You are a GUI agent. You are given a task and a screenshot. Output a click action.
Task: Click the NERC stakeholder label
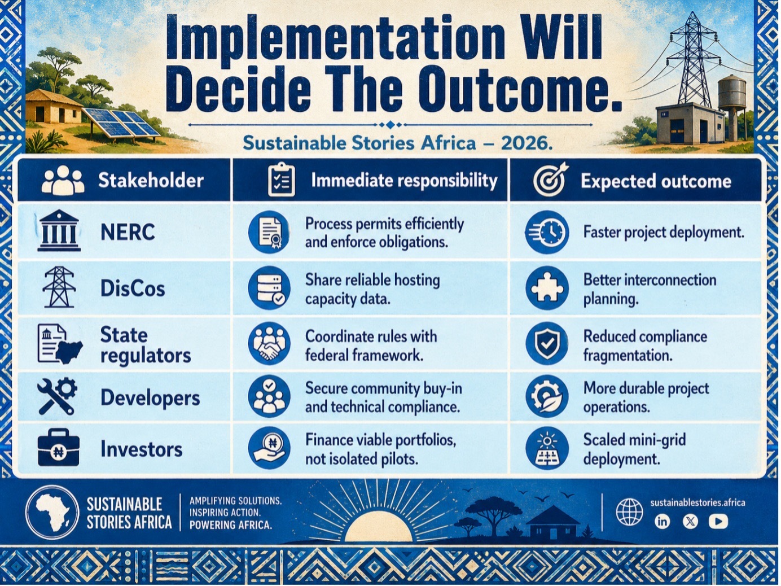128,232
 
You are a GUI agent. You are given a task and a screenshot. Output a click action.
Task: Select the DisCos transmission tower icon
59,287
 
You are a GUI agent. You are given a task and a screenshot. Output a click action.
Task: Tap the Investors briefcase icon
58,448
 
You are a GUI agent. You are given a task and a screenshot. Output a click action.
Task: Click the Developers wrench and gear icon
58,396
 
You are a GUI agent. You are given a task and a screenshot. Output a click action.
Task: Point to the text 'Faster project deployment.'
664,233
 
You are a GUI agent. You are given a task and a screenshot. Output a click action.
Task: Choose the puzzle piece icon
547,288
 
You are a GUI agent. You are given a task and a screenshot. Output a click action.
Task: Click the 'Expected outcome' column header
656,181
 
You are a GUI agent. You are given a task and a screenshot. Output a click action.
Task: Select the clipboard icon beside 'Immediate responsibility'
281,180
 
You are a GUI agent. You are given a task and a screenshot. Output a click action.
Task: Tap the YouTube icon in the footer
718,522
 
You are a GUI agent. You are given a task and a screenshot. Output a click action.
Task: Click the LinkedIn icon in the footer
662,522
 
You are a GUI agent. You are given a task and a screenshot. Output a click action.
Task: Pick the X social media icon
690,522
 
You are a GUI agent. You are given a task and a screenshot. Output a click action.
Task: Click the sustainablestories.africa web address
697,502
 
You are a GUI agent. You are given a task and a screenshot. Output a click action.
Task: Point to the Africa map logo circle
52,513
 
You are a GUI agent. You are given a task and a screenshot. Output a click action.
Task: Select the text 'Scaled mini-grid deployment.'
634,449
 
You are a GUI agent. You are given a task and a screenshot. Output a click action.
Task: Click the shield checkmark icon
547,343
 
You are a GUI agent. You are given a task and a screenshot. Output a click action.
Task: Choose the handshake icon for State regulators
269,343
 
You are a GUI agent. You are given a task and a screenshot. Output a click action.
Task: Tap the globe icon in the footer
629,512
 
